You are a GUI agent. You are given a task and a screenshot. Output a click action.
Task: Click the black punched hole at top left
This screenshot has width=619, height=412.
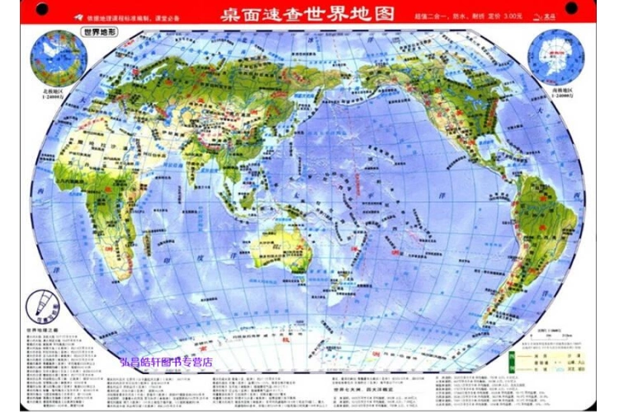click(41, 10)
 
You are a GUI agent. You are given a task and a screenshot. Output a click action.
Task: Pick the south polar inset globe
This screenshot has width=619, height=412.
click(556, 56)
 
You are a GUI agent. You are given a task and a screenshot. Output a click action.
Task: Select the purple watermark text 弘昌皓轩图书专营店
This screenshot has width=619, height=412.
click(166, 361)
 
